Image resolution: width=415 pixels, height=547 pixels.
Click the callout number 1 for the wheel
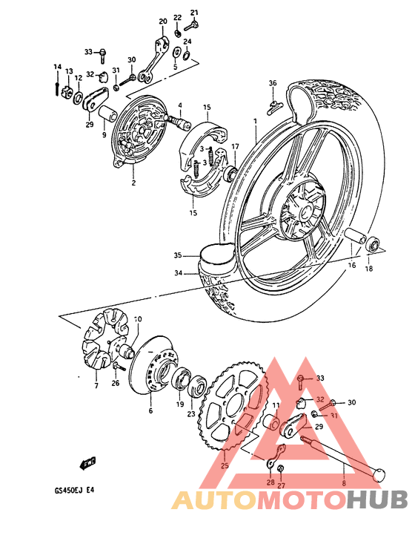pos(253,120)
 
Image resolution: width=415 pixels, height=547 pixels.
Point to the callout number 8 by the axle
pos(343,483)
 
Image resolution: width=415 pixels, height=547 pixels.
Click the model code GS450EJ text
pos(70,489)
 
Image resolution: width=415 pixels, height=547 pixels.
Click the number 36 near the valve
pos(272,82)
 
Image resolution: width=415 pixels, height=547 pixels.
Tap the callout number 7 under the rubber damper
pos(96,386)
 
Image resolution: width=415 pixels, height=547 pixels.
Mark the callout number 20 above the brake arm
pos(163,22)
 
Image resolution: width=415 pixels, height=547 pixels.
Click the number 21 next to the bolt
pos(195,13)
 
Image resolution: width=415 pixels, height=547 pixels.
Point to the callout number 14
pos(56,68)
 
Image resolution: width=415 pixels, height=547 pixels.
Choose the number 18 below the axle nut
pos(368,269)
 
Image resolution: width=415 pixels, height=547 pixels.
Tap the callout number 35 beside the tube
pos(178,255)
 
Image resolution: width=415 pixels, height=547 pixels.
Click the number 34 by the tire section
pos(178,273)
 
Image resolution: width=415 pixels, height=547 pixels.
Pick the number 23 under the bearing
pos(191,414)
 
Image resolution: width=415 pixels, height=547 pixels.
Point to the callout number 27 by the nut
pos(281,486)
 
